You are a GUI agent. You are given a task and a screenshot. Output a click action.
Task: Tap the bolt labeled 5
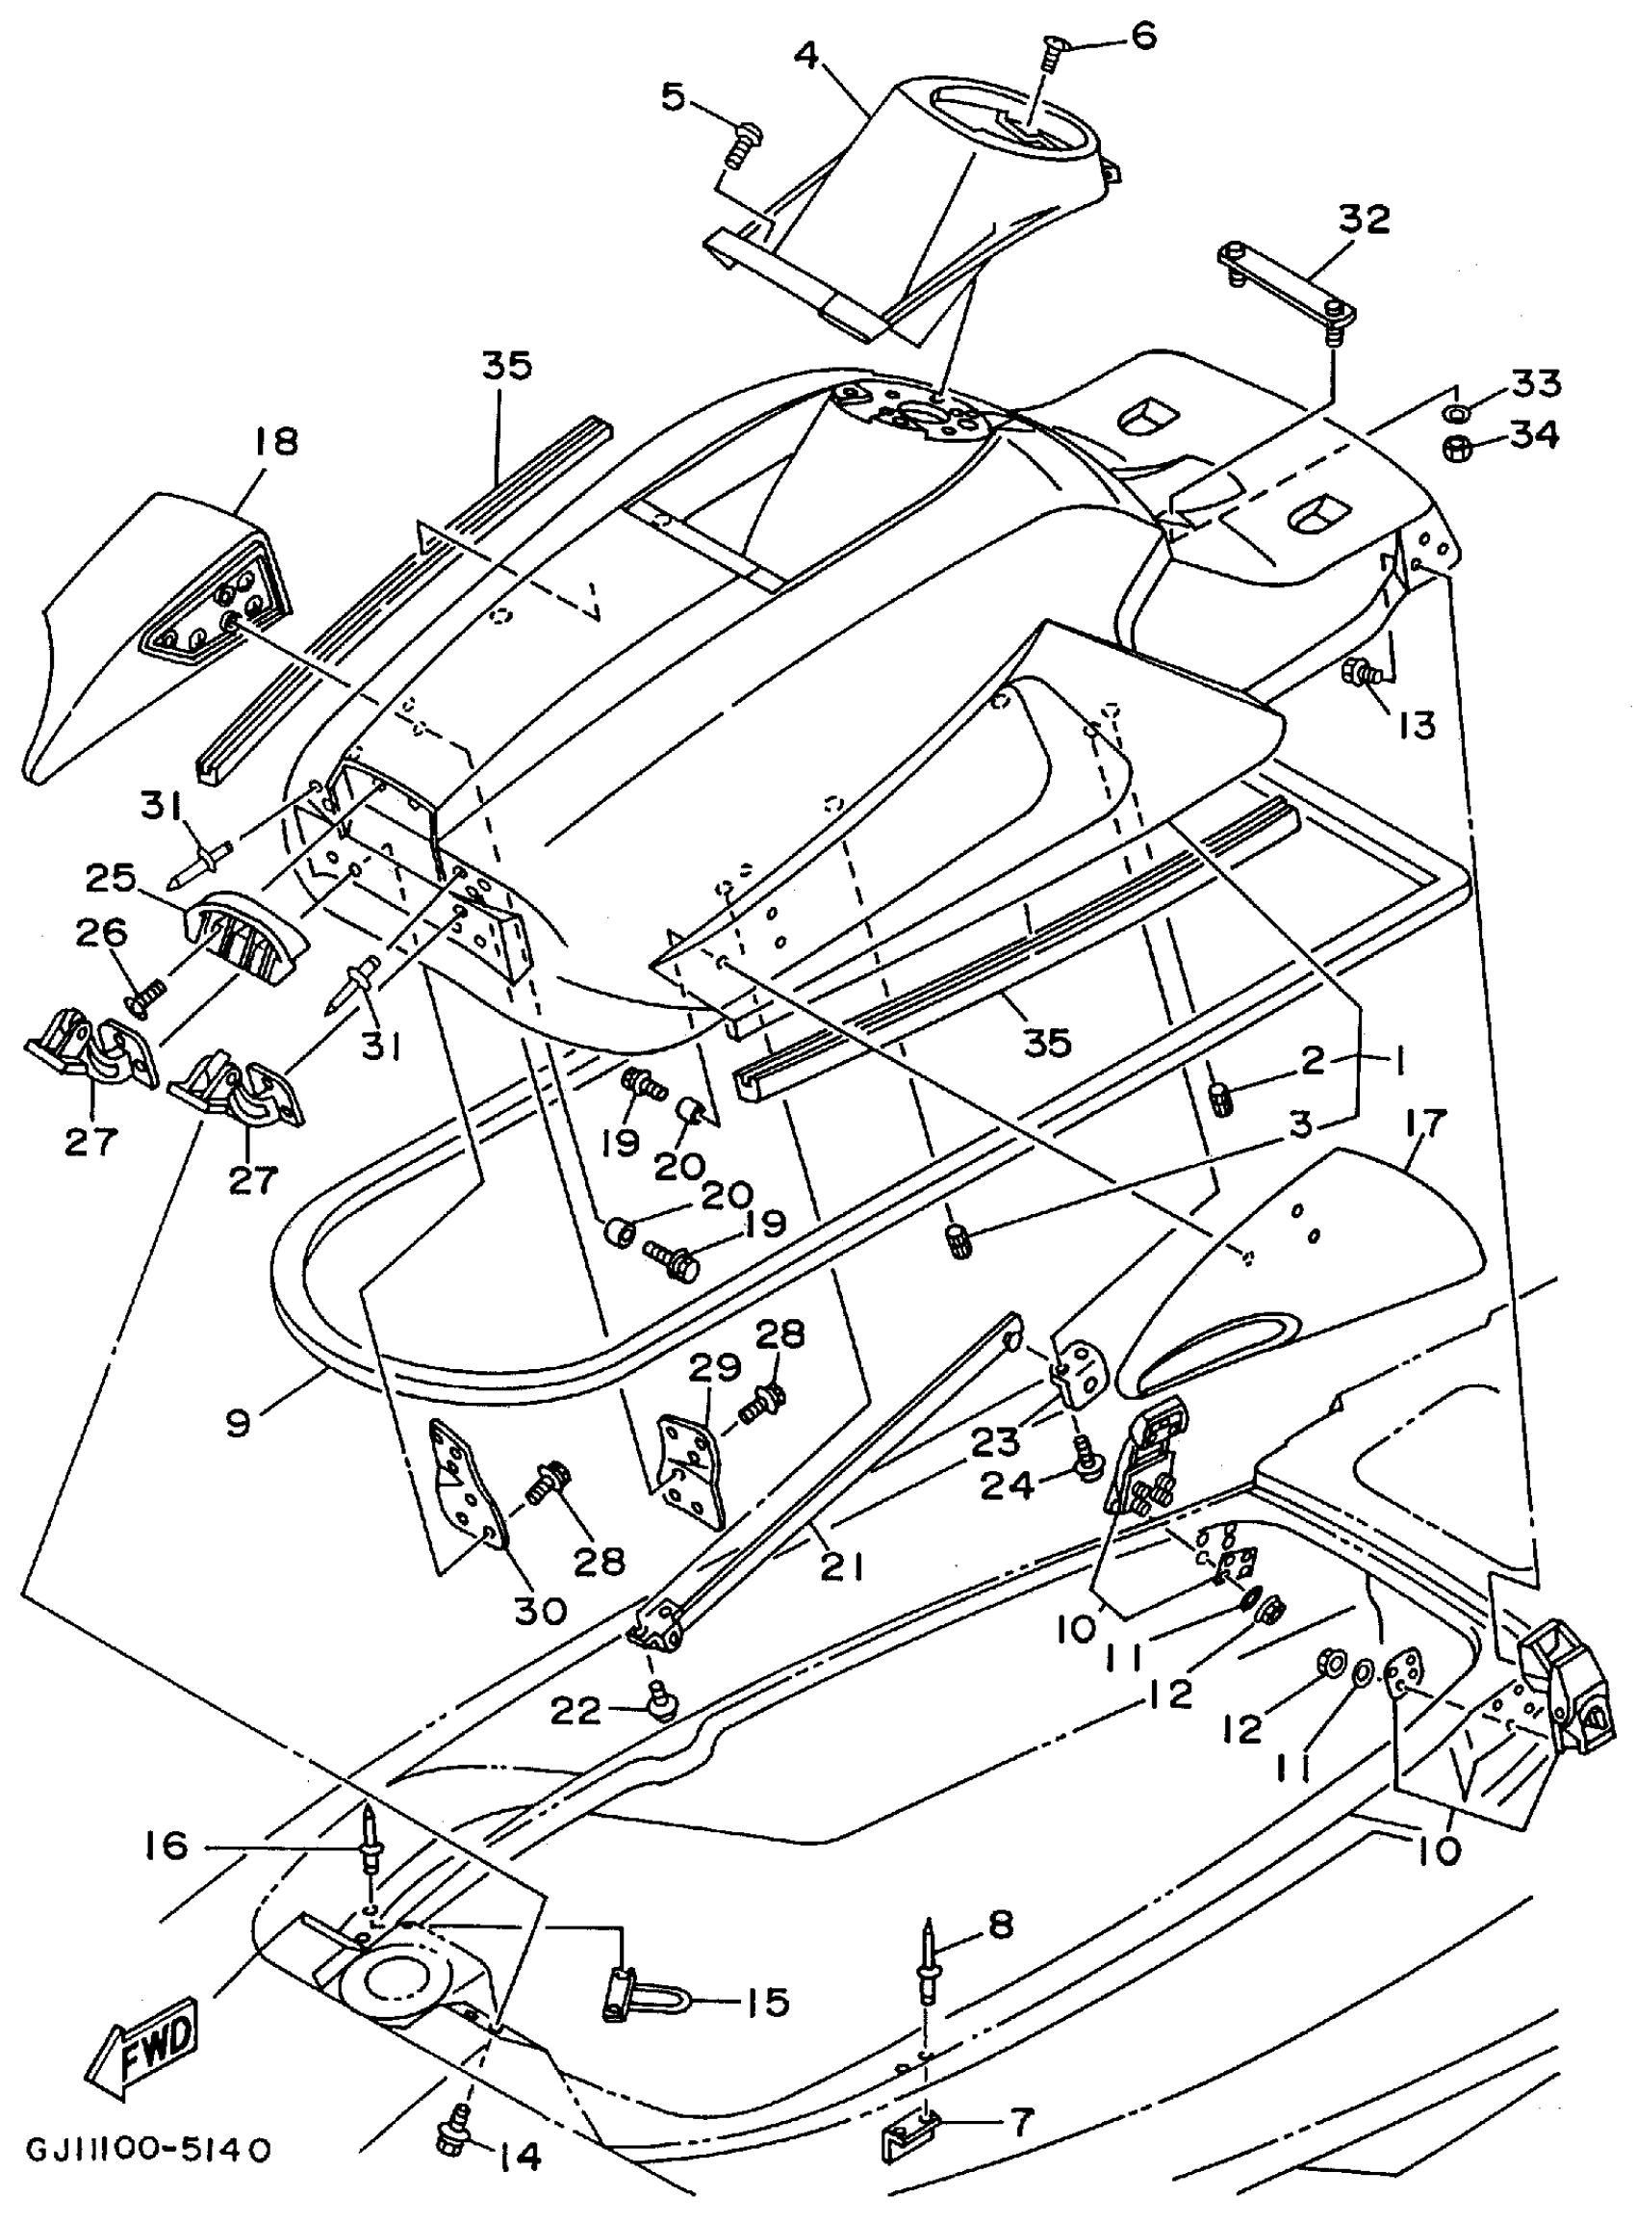[740, 145]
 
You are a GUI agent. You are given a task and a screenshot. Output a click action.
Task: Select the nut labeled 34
[1459, 448]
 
